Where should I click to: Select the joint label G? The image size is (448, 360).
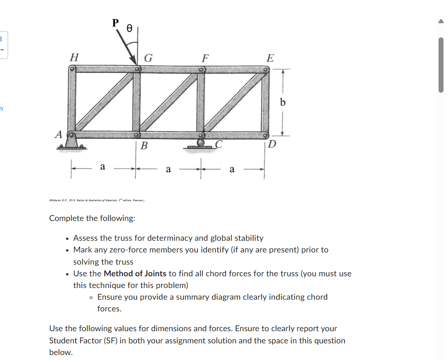148,58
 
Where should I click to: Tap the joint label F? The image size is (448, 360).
205,58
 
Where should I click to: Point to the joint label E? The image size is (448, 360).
270,58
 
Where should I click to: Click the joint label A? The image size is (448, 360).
58,134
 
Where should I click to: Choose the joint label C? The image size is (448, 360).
219,144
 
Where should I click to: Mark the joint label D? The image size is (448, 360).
273,144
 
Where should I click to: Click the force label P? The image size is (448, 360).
116,23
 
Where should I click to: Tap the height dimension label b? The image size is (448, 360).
282,102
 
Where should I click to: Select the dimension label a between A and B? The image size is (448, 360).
103,167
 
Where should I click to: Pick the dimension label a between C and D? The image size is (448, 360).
232,169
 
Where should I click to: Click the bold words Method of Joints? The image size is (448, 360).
135,274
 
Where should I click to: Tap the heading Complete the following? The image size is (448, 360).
92,218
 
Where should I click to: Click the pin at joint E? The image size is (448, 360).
266,70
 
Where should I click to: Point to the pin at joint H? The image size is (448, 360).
72,69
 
